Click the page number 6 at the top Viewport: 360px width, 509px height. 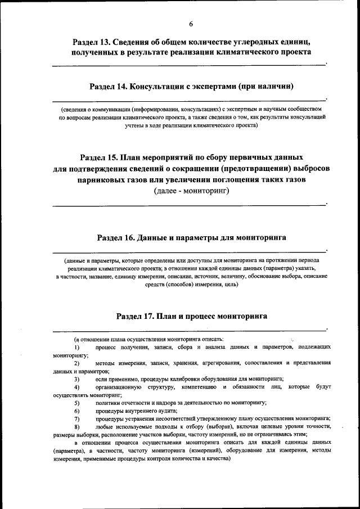191,24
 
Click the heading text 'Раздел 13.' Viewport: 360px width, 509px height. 92,42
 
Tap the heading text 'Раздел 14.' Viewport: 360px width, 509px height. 108,86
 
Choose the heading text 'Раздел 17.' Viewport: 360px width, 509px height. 135,316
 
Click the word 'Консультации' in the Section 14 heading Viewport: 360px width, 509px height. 161,86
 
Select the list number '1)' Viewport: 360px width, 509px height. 77,348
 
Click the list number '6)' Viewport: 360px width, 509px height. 77,411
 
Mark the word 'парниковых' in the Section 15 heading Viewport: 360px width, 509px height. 107,180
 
